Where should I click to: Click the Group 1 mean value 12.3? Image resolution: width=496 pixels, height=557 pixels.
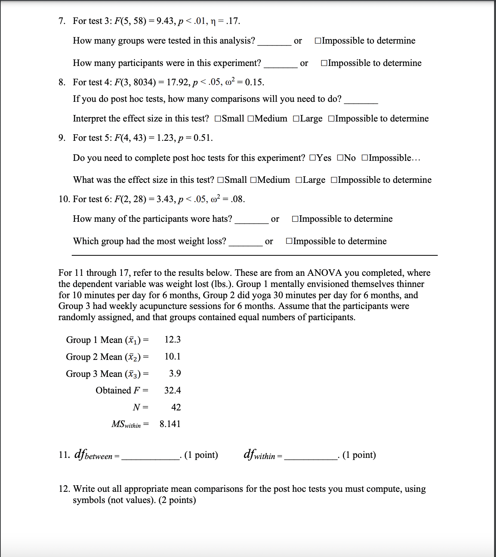click(x=172, y=339)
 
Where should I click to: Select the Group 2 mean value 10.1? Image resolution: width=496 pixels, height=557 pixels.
click(x=172, y=356)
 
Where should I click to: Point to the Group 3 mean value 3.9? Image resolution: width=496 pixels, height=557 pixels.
click(x=175, y=373)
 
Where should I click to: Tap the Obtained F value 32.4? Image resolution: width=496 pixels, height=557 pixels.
click(x=172, y=390)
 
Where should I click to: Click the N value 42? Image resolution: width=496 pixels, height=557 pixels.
click(x=176, y=407)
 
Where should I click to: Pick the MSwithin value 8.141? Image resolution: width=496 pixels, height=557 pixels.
click(x=170, y=424)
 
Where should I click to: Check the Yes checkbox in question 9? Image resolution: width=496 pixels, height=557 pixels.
click(x=312, y=158)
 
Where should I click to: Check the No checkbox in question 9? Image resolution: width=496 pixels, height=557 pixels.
click(x=340, y=158)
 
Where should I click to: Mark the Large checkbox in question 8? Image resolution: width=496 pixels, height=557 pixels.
click(x=296, y=119)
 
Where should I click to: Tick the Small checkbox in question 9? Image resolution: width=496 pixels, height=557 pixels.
click(x=221, y=180)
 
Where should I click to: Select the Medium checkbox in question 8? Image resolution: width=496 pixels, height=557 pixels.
click(x=251, y=119)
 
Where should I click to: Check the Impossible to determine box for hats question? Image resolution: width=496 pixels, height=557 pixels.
click(x=295, y=219)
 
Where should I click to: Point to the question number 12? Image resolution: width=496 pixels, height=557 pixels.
click(x=64, y=489)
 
